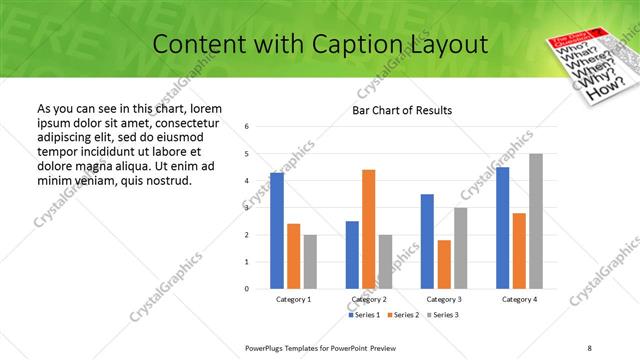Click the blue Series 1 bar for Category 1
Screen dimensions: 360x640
(x=277, y=231)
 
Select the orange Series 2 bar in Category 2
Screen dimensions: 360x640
(x=368, y=229)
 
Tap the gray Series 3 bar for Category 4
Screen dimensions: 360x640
(x=536, y=221)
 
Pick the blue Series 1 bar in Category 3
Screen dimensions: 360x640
(x=427, y=241)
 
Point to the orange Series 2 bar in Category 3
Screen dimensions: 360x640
(x=444, y=264)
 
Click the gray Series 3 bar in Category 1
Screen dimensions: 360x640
(x=310, y=262)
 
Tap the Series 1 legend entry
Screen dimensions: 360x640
(x=364, y=315)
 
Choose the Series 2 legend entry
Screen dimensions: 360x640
(x=402, y=315)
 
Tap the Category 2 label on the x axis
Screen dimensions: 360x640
(x=369, y=299)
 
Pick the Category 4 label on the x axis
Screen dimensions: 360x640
(x=519, y=299)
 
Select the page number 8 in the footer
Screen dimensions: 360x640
(x=589, y=347)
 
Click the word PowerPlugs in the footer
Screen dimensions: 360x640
(x=270, y=347)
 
